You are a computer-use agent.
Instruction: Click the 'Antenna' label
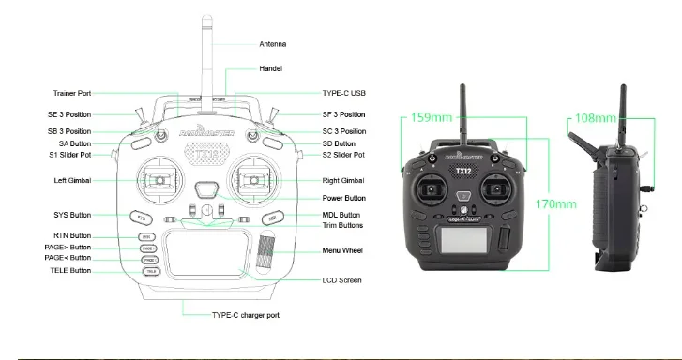tap(273, 44)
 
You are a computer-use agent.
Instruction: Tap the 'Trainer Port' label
tap(71, 93)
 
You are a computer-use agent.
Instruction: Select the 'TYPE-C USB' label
tap(343, 93)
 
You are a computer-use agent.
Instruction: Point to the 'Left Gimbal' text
tap(72, 180)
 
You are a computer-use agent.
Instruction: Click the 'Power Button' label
tap(344, 199)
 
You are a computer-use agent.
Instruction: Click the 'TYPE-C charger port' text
tap(245, 316)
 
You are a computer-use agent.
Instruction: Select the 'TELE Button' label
tap(70, 270)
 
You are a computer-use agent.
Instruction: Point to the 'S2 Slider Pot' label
tap(342, 155)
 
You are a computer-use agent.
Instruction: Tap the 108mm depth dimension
tap(595, 118)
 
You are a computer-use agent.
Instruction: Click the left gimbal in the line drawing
tap(159, 180)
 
